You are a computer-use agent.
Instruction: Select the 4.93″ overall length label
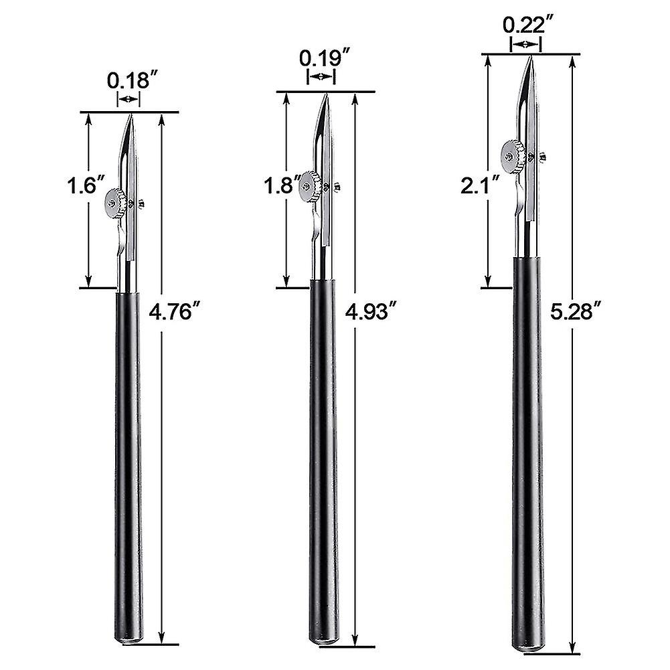pos(369,312)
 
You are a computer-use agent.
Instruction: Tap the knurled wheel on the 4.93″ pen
pos(310,185)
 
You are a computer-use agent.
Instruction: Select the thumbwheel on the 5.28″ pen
pos(513,155)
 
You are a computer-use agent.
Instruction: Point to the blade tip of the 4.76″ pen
pos(132,116)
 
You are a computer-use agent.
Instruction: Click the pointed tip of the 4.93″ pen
pos(326,96)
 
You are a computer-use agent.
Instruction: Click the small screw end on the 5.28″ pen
pos(542,158)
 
